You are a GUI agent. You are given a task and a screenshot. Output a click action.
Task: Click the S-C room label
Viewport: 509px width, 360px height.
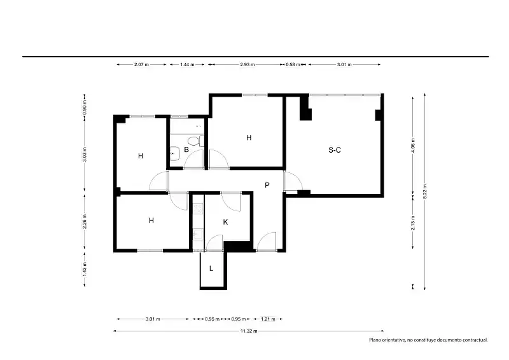click(x=335, y=150)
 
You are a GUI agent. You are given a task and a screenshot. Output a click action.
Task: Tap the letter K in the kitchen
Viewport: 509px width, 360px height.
click(x=226, y=222)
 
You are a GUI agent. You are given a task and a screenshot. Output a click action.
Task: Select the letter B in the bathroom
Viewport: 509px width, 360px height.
click(x=186, y=149)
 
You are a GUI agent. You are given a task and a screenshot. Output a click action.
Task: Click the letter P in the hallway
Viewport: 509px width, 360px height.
click(x=267, y=185)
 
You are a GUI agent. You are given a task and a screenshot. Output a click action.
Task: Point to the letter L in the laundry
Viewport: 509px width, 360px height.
click(x=211, y=268)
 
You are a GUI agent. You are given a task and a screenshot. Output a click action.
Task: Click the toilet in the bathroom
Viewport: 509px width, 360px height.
click(x=196, y=141)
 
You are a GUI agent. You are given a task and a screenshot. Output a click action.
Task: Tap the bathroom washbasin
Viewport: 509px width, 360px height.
click(x=174, y=153)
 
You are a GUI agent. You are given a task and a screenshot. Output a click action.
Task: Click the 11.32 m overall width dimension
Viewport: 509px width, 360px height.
click(x=249, y=331)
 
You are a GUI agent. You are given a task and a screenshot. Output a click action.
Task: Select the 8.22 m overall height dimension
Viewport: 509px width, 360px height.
click(x=424, y=191)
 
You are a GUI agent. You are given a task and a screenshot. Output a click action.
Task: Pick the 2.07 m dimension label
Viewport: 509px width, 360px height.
click(x=141, y=65)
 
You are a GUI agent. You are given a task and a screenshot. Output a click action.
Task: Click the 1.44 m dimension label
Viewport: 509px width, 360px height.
click(x=187, y=65)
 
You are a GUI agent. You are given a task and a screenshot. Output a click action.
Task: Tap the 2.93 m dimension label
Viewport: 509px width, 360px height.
click(x=248, y=65)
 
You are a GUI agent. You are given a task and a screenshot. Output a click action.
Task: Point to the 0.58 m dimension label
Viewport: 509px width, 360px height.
click(x=293, y=65)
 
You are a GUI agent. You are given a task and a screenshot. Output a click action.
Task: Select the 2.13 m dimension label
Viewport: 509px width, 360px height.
click(x=413, y=223)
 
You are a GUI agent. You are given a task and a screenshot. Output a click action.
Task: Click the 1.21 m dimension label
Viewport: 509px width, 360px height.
click(x=268, y=319)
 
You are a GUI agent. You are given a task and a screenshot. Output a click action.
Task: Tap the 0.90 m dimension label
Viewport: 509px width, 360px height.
click(x=85, y=106)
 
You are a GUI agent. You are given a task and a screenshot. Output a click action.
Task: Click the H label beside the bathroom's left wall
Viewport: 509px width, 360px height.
click(x=141, y=156)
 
